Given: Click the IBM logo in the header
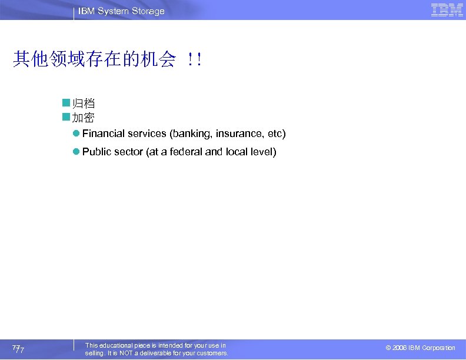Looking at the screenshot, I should pyautogui.click(x=447, y=10).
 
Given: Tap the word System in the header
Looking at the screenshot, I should pyautogui.click(x=114, y=11).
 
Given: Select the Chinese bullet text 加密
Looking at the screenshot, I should pyautogui.click(x=84, y=117).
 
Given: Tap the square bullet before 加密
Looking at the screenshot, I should pyautogui.click(x=66, y=117).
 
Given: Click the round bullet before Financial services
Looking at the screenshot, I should pyautogui.click(x=76, y=134).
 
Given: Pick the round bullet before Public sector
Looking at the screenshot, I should pyautogui.click(x=76, y=152).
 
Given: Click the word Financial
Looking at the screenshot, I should pyautogui.click(x=104, y=134).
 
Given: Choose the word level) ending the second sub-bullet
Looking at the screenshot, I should pyautogui.click(x=263, y=152).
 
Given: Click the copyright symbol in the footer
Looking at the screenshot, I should pyautogui.click(x=388, y=348).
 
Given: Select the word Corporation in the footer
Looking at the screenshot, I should pyautogui.click(x=439, y=348).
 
